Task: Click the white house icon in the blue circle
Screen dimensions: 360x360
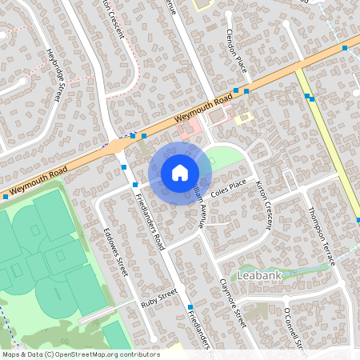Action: tap(180, 173)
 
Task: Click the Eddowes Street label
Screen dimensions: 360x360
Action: tap(117, 255)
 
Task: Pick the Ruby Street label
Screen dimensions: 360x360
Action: tap(158, 298)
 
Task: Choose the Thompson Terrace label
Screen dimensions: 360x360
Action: tap(322, 235)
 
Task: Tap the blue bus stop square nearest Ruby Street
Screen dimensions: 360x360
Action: tap(190, 308)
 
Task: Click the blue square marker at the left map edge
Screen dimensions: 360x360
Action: tap(6, 196)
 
